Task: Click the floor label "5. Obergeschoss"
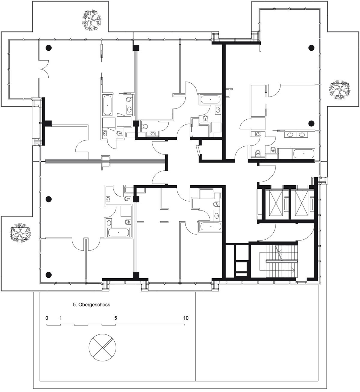point(91,305)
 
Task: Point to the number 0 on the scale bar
point(47,318)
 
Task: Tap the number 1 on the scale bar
point(61,318)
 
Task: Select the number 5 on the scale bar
point(115,318)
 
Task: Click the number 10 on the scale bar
point(186,318)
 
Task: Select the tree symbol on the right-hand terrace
point(340,89)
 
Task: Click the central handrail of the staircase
point(281,262)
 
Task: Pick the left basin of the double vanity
point(290,134)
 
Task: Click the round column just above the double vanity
point(311,122)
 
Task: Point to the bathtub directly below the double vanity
point(304,154)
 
